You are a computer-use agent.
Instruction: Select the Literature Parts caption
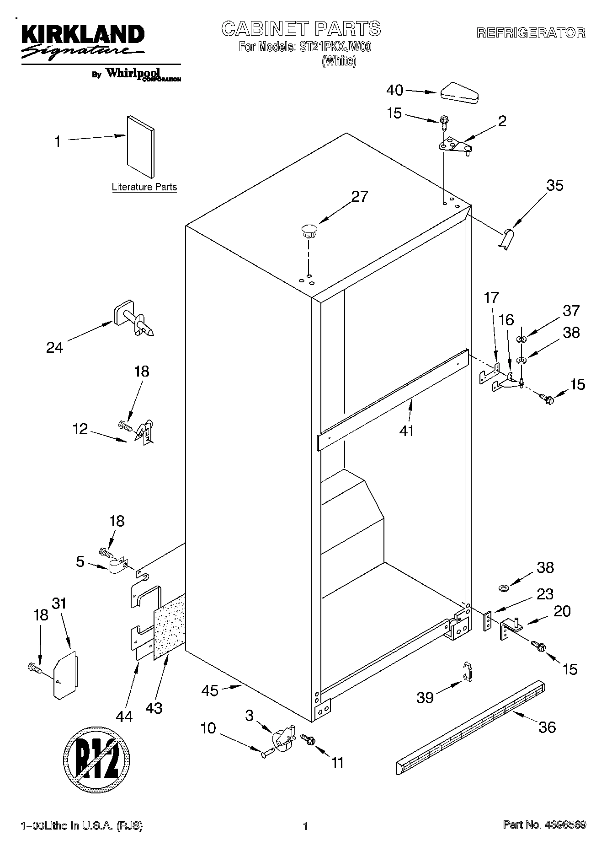click(x=144, y=187)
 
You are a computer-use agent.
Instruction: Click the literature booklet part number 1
click(x=141, y=145)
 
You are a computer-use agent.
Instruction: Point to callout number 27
click(x=359, y=196)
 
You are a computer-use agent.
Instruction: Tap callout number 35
click(x=554, y=185)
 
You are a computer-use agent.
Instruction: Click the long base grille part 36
click(x=471, y=727)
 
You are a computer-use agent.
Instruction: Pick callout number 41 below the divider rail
click(x=406, y=431)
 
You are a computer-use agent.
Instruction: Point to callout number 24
click(x=54, y=348)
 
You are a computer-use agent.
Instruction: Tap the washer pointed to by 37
click(x=521, y=339)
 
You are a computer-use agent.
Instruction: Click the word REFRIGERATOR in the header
click(x=530, y=33)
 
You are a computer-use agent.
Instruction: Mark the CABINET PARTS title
click(x=301, y=29)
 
